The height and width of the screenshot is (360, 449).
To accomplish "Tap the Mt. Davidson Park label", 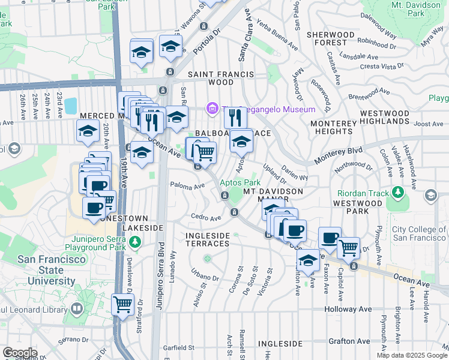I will tap(415, 8).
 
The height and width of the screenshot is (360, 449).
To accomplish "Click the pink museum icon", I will tap(211, 109).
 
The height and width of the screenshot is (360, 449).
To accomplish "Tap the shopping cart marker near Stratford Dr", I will tap(122, 304).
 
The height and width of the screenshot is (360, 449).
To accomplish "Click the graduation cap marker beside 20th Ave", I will tap(88, 131).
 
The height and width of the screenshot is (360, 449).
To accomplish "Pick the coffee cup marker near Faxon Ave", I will tap(330, 237).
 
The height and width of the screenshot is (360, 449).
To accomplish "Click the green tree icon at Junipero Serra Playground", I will tap(136, 241).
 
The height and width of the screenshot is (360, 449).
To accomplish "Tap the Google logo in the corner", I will tap(20, 353).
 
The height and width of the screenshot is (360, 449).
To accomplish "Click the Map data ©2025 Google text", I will tap(412, 355).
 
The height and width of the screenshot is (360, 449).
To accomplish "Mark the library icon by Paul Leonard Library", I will tap(77, 309).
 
